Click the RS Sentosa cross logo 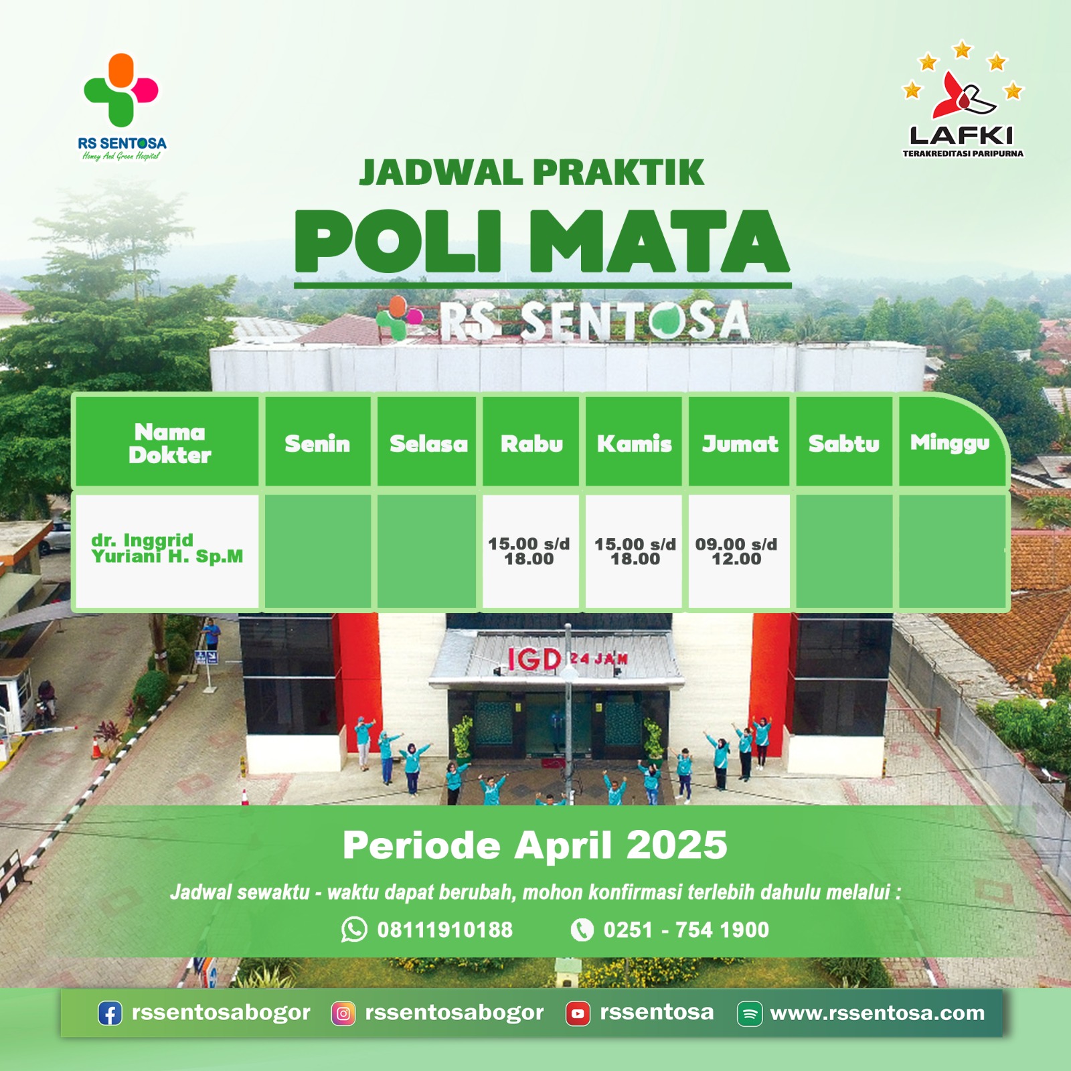121,90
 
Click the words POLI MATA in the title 542,241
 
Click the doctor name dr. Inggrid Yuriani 167,548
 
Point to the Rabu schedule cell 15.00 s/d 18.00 530,551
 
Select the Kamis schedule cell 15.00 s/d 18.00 634,551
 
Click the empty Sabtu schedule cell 844,551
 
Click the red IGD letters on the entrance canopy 533,660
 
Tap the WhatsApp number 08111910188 444,930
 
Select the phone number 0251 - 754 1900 686,930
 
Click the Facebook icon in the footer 110,1013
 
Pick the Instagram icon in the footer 343,1013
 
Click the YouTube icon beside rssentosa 578,1013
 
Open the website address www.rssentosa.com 877,1013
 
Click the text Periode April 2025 535,845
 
